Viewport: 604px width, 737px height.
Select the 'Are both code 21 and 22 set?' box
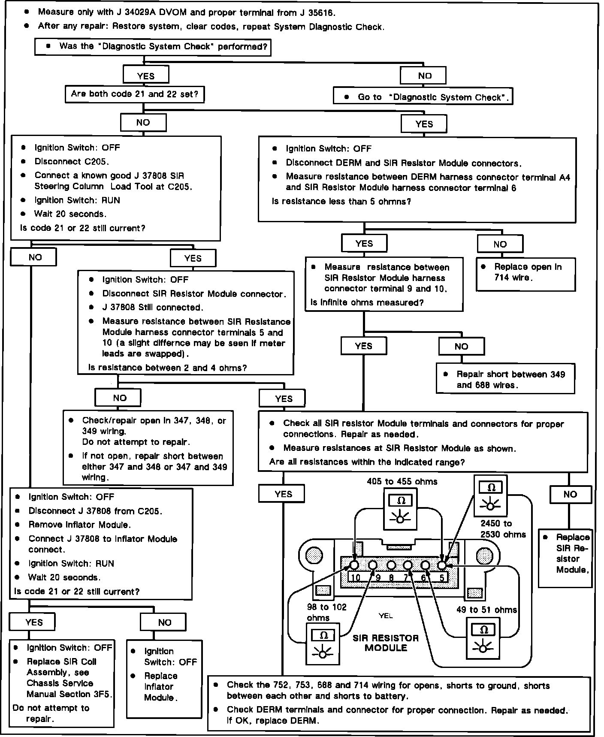coord(135,94)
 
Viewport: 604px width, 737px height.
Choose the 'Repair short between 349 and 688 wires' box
coord(505,379)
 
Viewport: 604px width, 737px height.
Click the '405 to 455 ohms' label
coord(402,481)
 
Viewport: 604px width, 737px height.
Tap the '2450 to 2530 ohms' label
coord(502,529)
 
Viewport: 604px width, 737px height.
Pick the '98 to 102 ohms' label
coord(326,612)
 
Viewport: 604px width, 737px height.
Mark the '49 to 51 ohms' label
coord(486,610)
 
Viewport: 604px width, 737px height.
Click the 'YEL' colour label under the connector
coord(386,616)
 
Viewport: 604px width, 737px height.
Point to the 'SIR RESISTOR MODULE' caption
coord(386,643)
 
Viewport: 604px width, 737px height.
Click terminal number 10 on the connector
coord(356,577)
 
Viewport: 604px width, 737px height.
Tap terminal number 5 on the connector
coord(442,577)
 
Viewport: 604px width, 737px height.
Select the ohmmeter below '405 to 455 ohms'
coord(400,509)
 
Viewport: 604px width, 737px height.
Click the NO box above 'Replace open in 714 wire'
coord(500,244)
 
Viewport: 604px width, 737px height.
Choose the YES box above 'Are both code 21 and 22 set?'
coord(145,76)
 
